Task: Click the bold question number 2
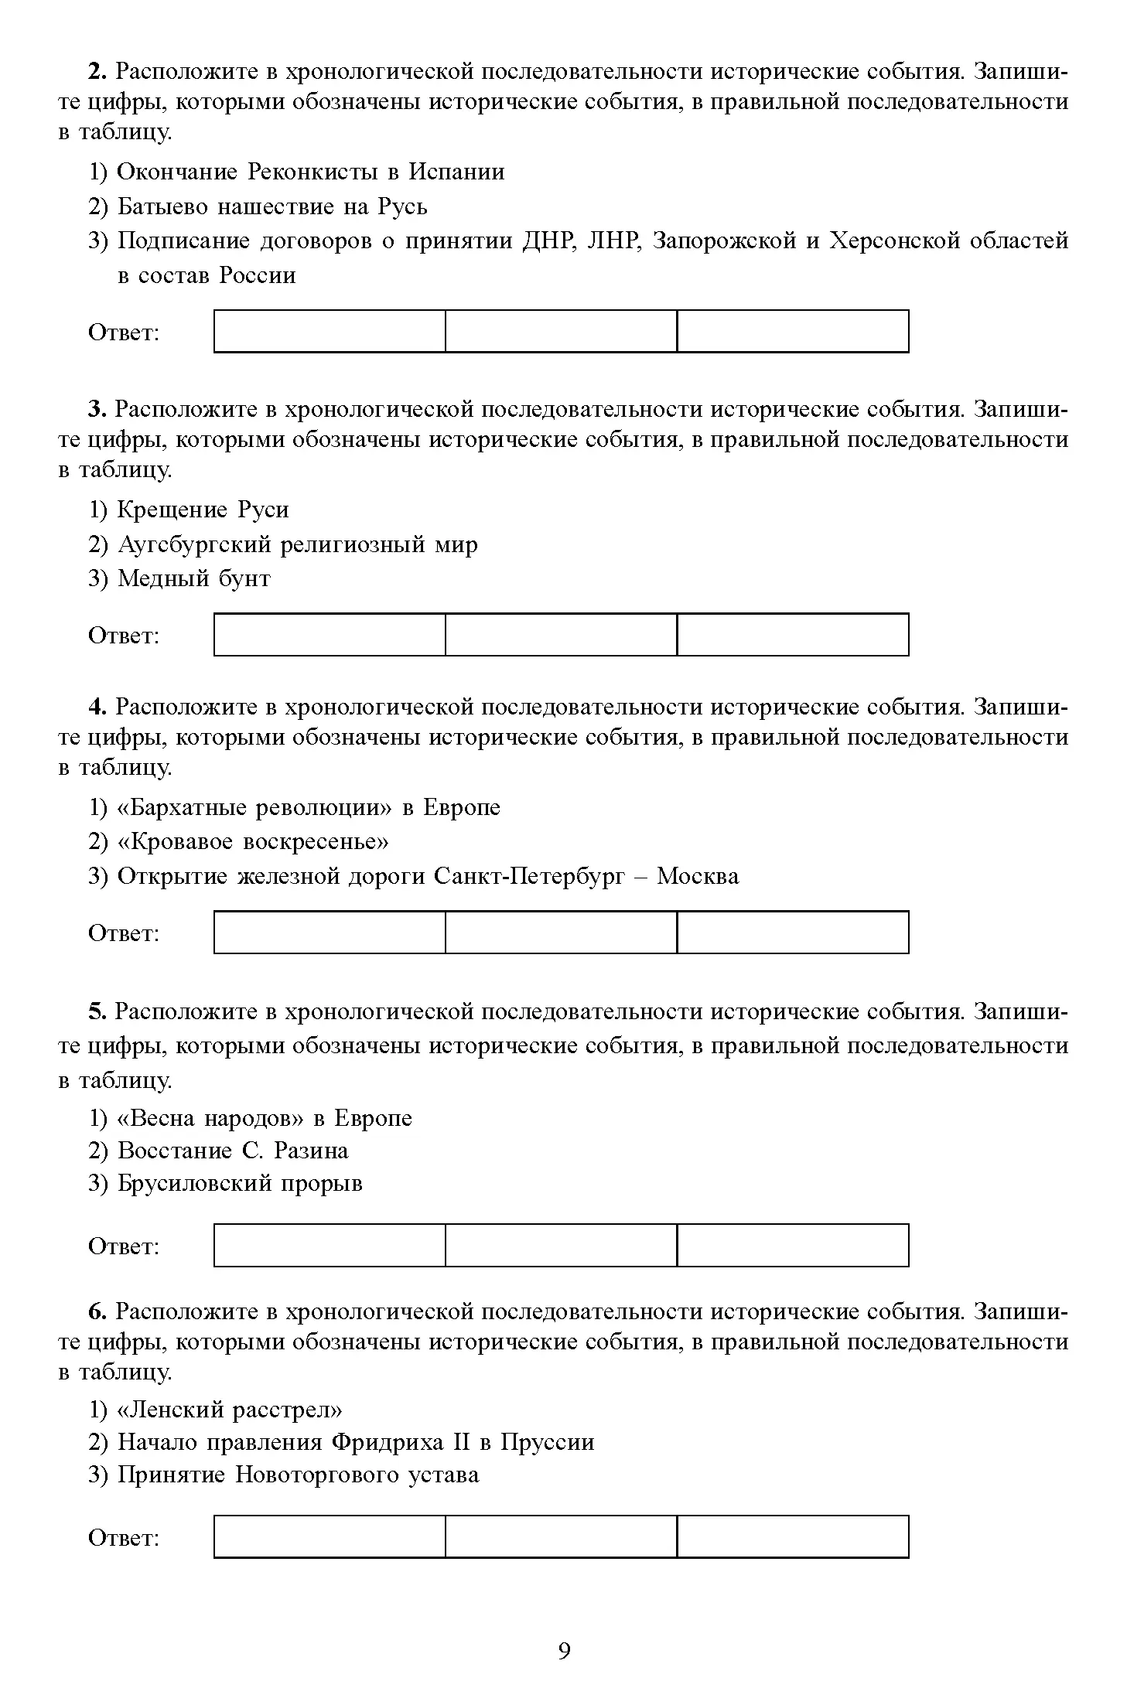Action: coord(96,72)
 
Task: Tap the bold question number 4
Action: coord(96,708)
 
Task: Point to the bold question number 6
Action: coord(96,1311)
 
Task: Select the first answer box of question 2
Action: coord(330,331)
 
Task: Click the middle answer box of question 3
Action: coord(561,634)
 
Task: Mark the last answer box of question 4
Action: coord(792,932)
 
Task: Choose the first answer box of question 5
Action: coord(330,1245)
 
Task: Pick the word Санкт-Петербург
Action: coord(529,876)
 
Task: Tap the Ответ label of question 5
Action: coord(124,1246)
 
